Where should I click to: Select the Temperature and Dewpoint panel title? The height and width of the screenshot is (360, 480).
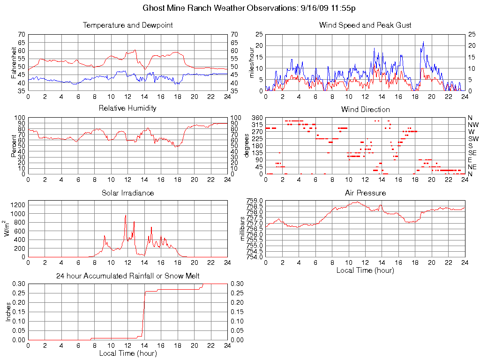(127, 25)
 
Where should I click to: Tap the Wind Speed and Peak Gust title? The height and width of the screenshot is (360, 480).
(365, 25)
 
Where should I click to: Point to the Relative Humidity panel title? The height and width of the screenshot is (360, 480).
(127, 108)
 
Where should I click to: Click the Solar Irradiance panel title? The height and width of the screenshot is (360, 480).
(127, 193)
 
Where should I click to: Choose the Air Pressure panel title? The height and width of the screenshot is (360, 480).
(365, 193)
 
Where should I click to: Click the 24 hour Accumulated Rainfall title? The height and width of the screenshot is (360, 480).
(127, 276)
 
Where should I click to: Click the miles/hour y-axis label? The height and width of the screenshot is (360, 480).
(252, 62)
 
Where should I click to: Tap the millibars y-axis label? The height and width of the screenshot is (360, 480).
(242, 229)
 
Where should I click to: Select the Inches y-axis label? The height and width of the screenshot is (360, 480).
(8, 312)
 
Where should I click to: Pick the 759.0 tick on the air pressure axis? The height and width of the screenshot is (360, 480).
(255, 201)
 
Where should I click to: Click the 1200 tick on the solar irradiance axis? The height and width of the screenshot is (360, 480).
(18, 205)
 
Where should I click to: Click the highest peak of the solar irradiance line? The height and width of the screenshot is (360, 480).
(126, 215)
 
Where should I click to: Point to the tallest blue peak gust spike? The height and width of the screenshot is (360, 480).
(423, 42)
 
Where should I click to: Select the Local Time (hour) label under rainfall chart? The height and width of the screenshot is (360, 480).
(127, 353)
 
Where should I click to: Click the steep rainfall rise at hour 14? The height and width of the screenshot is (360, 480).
(144, 314)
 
